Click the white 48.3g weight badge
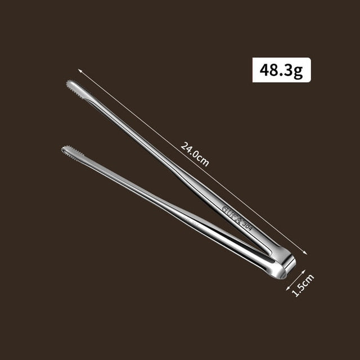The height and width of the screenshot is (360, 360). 281,70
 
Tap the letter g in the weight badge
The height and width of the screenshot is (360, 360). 299,71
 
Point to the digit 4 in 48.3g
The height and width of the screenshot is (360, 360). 264,70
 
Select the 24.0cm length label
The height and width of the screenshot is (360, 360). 195,154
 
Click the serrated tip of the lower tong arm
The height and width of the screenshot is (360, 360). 68,151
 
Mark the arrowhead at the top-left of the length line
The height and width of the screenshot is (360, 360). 80,70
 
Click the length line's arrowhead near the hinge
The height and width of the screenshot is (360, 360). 310,255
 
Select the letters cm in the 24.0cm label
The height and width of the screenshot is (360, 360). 203,161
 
